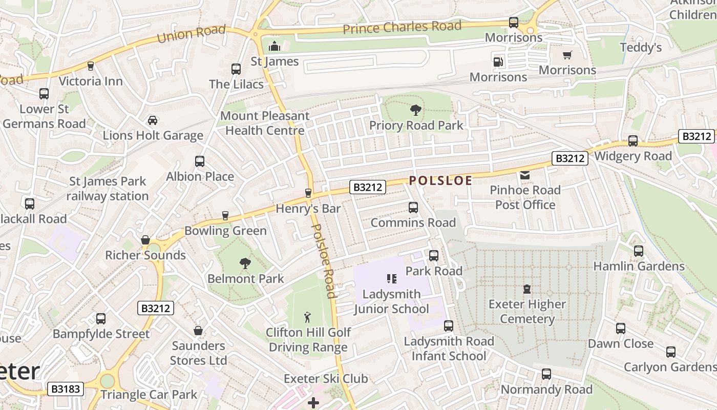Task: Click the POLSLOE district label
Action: coord(440,180)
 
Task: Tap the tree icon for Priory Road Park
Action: coord(415,110)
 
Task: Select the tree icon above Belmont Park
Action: coord(245,263)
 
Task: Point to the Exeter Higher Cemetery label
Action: coord(527,312)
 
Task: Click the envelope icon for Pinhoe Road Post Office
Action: coord(525,175)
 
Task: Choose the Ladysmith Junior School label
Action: coord(391,301)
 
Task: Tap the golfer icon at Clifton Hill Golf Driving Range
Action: coord(307,317)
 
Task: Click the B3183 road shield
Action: coord(66,389)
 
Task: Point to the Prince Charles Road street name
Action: coord(402,27)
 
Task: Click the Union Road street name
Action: coord(191,34)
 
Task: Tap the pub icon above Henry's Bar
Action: coord(308,193)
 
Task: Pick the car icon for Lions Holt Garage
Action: coord(152,120)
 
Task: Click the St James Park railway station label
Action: coord(108,189)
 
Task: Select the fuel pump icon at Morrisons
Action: coord(497,62)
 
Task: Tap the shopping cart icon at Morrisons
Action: coord(567,55)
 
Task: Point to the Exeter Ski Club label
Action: coord(326,379)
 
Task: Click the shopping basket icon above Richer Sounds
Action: coord(145,240)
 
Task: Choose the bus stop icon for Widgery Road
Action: coord(633,141)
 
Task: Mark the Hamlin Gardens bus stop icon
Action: coord(638,251)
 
